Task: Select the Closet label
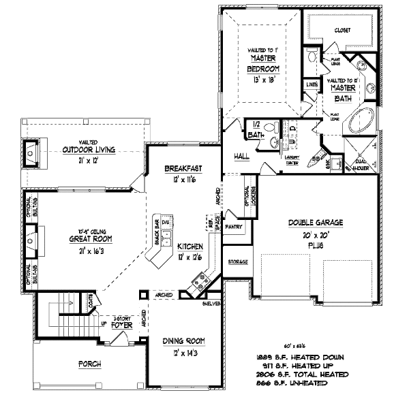[342, 30]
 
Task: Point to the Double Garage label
[315, 223]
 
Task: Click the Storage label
[238, 261]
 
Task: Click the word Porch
[90, 364]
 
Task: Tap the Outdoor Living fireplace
[31, 154]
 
